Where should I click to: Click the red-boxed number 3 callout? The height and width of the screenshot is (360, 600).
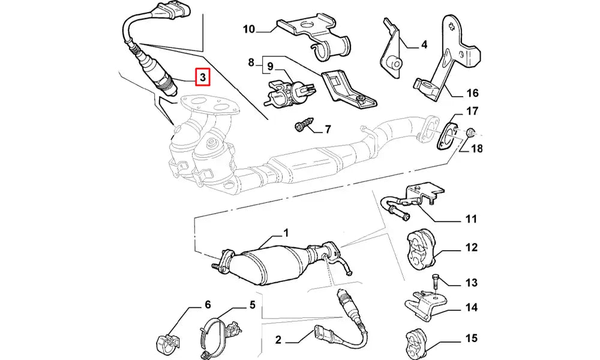203,77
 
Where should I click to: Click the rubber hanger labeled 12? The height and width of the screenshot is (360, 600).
421,247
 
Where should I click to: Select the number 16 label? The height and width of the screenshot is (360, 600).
472,93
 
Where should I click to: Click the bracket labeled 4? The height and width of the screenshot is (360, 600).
390,54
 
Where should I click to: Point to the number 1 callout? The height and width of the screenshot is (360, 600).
286,232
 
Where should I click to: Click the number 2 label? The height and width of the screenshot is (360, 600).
278,340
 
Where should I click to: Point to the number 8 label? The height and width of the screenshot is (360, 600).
251,62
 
